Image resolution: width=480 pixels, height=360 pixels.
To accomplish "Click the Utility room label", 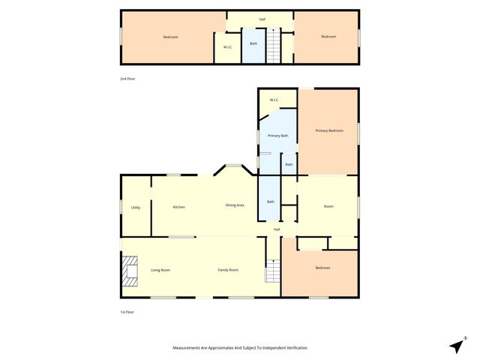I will click(x=136, y=208).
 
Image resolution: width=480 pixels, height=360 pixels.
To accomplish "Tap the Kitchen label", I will click(x=179, y=207).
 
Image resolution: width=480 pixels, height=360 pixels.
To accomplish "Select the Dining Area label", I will click(x=235, y=205).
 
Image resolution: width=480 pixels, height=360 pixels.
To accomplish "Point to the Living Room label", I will click(x=160, y=270).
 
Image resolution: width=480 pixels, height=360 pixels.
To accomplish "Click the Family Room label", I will click(x=228, y=270).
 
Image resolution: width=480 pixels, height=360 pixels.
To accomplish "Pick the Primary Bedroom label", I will click(x=329, y=131).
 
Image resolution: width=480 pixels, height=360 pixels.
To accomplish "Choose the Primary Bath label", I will click(x=278, y=136).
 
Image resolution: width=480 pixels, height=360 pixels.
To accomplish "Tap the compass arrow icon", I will click(x=456, y=345).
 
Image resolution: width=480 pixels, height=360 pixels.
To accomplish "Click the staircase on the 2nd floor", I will click(x=274, y=46).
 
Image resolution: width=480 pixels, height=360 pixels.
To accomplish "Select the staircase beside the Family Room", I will click(x=272, y=271).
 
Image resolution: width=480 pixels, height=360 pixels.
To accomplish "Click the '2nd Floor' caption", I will click(x=128, y=79).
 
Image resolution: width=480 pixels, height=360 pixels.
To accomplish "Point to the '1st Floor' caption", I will click(x=127, y=312).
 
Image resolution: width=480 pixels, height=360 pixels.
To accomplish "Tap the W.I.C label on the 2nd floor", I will click(x=227, y=48).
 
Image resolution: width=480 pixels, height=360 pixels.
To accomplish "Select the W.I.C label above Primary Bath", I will click(x=274, y=100).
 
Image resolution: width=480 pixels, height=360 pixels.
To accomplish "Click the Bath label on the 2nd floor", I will click(x=253, y=43).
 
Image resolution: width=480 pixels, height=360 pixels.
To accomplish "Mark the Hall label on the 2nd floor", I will click(x=262, y=19).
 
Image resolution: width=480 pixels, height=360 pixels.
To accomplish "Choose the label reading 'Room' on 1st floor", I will click(x=328, y=206).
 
